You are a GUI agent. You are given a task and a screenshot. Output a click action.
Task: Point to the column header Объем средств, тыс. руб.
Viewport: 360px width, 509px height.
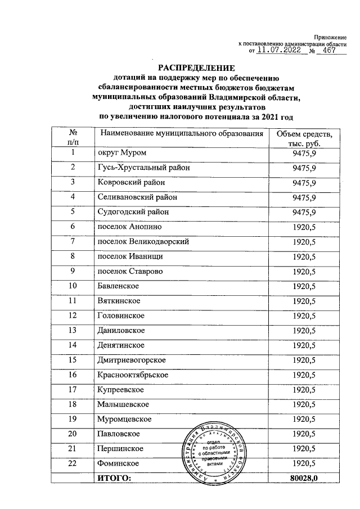304,138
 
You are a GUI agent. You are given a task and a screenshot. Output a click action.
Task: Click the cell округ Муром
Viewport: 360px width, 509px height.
123,154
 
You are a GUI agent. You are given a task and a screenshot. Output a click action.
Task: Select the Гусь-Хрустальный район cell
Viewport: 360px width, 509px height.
143,168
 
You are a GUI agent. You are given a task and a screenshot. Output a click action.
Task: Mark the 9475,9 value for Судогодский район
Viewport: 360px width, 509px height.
304,212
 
